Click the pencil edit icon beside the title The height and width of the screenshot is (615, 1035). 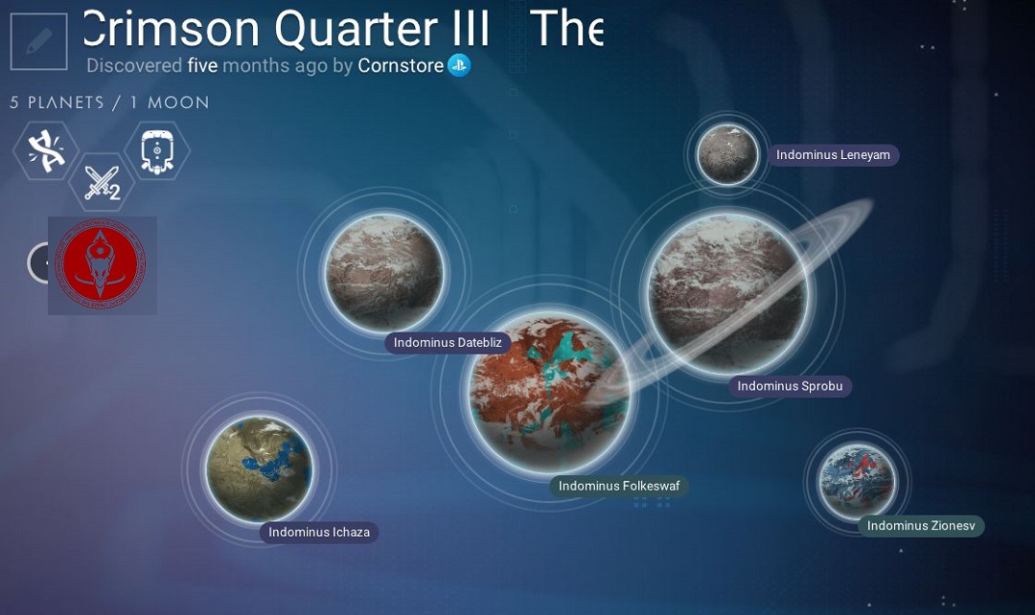coord(39,41)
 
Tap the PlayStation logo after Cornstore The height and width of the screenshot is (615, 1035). coord(459,65)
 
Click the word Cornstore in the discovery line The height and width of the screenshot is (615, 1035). coord(401,65)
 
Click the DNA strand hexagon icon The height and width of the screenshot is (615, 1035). coord(46,150)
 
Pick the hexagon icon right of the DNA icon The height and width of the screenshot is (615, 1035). coord(157,150)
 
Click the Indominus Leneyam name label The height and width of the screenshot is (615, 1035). coord(833,155)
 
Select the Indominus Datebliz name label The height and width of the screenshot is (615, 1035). coord(448,343)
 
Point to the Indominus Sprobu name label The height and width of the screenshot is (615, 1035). coord(790,386)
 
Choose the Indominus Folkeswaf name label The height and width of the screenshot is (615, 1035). coord(619,487)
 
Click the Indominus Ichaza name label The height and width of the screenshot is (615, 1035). coord(319,533)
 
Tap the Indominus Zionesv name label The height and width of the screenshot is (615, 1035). coord(921,526)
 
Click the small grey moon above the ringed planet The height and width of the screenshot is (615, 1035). coord(727,154)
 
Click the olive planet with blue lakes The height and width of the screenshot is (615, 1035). coord(259,468)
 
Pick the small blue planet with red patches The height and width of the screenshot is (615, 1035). coord(856,481)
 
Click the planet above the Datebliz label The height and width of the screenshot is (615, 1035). coord(385,272)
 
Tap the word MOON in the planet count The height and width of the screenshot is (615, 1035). coord(178,102)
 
